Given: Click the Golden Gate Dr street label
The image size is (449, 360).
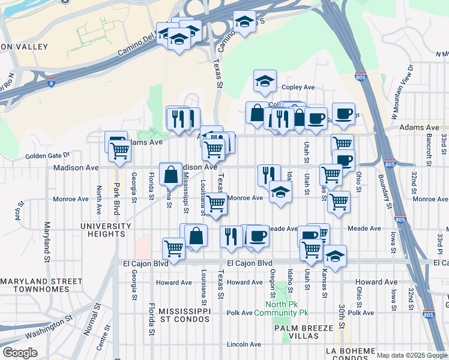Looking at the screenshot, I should click(48, 156).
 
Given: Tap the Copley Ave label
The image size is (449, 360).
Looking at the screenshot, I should click(298, 87).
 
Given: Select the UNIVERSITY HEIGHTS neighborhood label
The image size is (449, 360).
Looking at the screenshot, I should click(106, 230).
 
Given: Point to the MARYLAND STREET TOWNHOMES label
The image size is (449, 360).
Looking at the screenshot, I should click(42, 285).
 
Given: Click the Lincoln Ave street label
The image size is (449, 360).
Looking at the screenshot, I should click(244, 344).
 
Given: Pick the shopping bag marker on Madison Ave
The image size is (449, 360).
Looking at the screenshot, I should click(171, 174).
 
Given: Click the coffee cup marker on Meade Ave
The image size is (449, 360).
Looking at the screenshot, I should click(258, 235).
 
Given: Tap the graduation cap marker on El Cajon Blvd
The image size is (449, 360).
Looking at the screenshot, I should click(335, 256).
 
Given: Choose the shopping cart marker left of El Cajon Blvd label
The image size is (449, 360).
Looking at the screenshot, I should click(173, 247).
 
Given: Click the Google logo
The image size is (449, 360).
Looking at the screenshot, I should click(20, 353).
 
